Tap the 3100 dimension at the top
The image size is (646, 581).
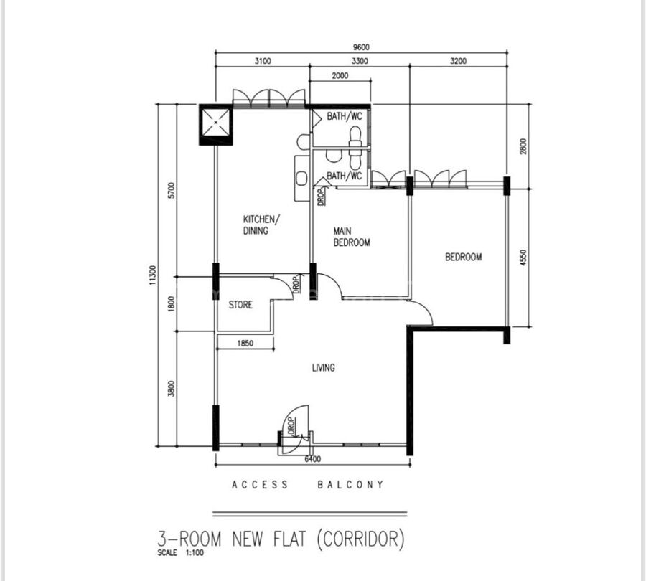pyautogui.click(x=263, y=61)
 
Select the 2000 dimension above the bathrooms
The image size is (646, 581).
pyautogui.click(x=340, y=75)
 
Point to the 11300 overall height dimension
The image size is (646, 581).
pyautogui.click(x=154, y=275)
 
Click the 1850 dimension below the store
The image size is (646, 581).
pyautogui.click(x=245, y=343)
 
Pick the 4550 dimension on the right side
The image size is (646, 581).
pyautogui.click(x=523, y=258)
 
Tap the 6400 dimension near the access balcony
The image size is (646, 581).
pyautogui.click(x=313, y=459)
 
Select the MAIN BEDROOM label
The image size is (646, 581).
pyautogui.click(x=352, y=237)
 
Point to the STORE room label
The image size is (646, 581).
pyautogui.click(x=240, y=305)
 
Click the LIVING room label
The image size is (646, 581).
pyautogui.click(x=324, y=367)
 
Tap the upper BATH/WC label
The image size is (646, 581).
pyautogui.click(x=345, y=116)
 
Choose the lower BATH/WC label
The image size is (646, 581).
pyautogui.click(x=345, y=176)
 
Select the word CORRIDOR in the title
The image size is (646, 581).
pyautogui.click(x=361, y=539)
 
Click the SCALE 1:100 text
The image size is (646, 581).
pyautogui.click(x=180, y=552)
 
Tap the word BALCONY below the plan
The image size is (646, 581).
pyautogui.click(x=350, y=485)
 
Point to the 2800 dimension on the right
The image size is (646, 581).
pyautogui.click(x=523, y=146)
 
